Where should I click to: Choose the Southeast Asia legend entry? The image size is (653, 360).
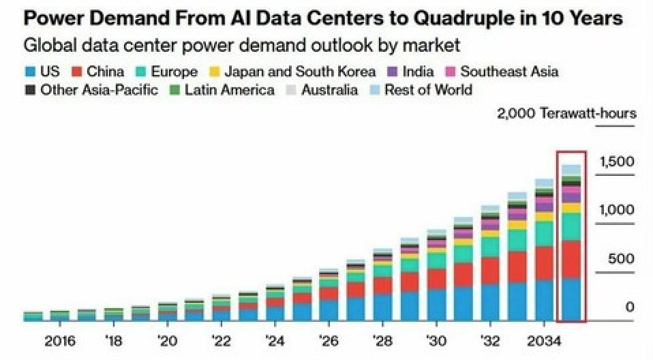pos(501,72)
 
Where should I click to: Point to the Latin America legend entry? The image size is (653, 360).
pos(222,90)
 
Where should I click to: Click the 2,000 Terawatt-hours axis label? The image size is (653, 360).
pos(566,113)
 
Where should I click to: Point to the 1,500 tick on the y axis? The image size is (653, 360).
pos(616,162)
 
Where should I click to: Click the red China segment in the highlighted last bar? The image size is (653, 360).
pos(571,259)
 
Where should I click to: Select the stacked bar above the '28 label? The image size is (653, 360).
pos(383,286)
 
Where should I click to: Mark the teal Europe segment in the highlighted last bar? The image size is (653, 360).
pos(571,227)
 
